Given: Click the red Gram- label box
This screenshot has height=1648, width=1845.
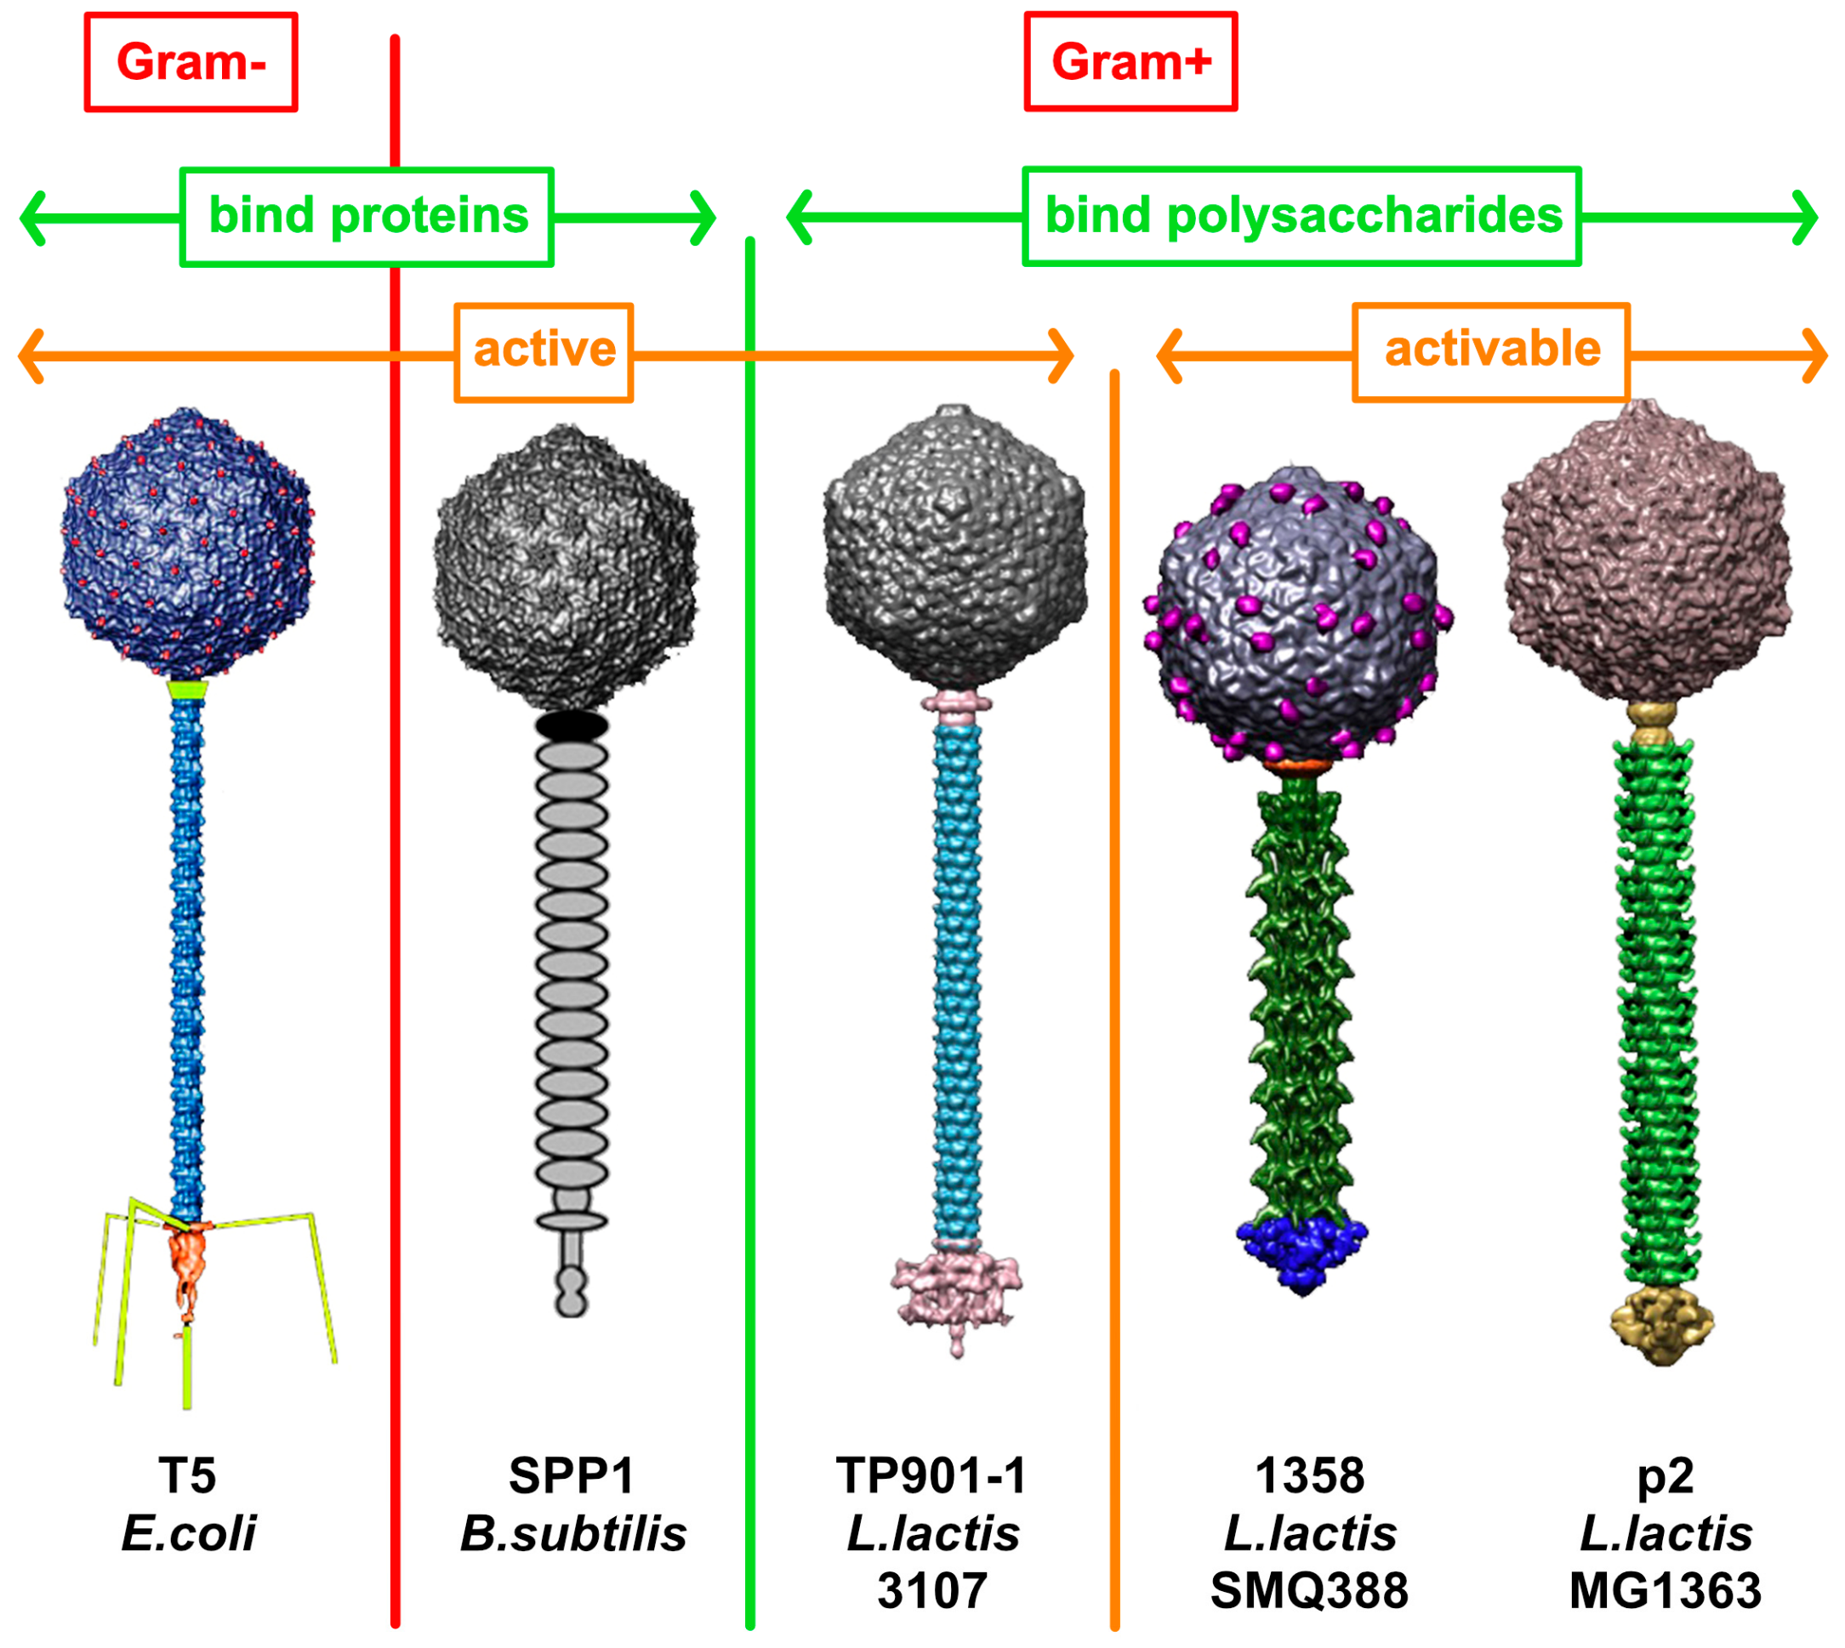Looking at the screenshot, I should (x=191, y=61).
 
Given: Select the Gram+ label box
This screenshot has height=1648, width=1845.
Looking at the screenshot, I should (x=1130, y=61).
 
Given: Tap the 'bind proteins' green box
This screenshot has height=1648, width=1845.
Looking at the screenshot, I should (x=366, y=216).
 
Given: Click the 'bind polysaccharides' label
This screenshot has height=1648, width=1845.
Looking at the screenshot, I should (x=1301, y=216).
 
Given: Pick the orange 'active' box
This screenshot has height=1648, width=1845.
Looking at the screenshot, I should (x=543, y=351).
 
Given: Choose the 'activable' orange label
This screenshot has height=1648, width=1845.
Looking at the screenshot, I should (x=1490, y=351).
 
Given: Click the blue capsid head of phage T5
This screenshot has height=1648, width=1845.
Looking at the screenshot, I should (x=187, y=543).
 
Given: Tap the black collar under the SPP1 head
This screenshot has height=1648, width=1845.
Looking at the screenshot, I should (x=571, y=725).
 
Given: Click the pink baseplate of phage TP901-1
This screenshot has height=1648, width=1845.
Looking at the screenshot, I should (x=955, y=1290).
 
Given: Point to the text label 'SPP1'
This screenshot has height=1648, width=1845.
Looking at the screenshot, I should (x=571, y=1476).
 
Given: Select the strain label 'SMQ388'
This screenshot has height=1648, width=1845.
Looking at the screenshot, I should (x=1309, y=1591).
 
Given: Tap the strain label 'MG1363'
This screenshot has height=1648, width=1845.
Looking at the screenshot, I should (x=1665, y=1591).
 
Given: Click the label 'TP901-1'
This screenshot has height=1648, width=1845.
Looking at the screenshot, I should (x=931, y=1476).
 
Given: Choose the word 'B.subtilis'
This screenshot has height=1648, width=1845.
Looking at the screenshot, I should (x=572, y=1534).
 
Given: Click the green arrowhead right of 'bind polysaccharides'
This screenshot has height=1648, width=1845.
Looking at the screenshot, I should (x=1804, y=218).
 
